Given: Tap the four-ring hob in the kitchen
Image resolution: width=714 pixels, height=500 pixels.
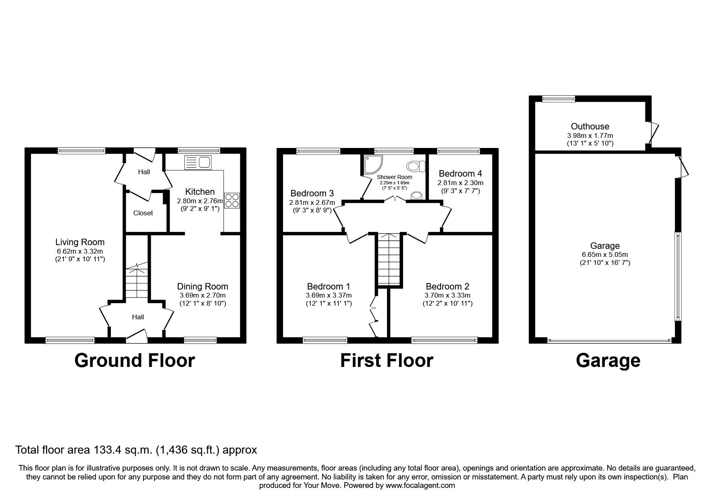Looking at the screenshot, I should pos(232,200).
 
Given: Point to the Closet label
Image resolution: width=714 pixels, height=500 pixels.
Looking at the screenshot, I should pos(143,213).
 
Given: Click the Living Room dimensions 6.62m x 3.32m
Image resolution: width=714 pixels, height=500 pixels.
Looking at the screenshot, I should pos(80,251).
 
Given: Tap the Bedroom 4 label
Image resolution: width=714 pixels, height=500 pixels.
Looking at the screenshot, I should pos(460,173).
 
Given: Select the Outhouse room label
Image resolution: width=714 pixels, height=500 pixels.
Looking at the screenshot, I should pos(590,127).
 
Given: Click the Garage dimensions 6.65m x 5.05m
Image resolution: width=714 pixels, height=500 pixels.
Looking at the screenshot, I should pos(605,254).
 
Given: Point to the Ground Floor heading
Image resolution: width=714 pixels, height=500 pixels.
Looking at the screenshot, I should pos(134,360).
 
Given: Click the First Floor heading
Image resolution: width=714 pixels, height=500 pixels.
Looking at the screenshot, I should pos(386,360).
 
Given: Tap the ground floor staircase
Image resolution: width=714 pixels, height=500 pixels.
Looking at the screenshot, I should pos(137,282).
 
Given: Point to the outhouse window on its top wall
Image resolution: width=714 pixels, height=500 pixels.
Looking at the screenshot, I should pos(558,98).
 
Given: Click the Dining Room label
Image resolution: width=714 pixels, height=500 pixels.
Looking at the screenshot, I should pos(202,286).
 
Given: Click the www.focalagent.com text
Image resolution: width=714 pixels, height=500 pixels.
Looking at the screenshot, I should pos(420,485).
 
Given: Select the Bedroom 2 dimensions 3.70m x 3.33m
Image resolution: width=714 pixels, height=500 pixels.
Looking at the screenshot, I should pos(448,295).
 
